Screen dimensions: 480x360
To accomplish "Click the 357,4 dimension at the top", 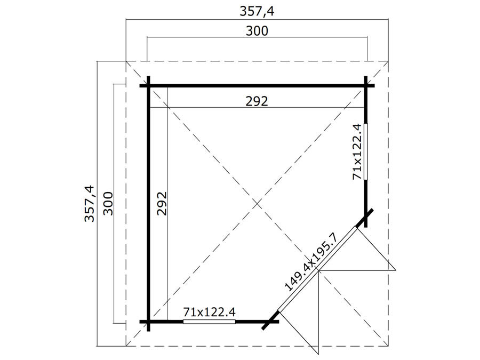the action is [x=257, y=12].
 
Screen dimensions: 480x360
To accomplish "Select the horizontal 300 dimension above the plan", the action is [x=257, y=31].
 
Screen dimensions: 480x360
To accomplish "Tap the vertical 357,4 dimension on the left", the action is [x=90, y=204].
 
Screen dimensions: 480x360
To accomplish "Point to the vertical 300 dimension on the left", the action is [x=108, y=204].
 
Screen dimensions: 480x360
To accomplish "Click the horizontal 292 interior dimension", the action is [x=257, y=101].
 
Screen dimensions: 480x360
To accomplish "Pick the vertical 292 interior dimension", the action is [x=162, y=204].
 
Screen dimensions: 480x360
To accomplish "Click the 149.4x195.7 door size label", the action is [x=311, y=262].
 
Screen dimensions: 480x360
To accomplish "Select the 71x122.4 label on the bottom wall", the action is [x=210, y=312].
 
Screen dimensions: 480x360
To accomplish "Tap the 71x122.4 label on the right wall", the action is [x=357, y=152].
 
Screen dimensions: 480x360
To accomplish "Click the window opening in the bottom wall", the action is [x=210, y=322].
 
